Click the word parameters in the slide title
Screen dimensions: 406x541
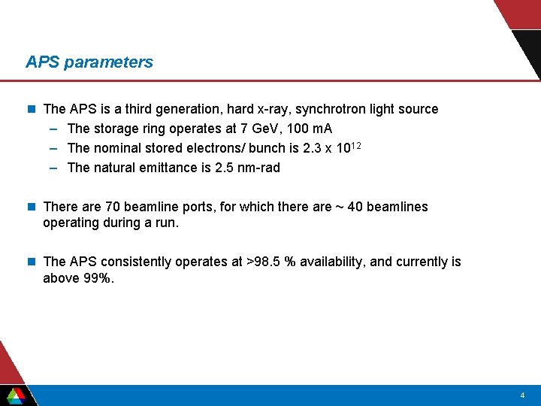pos(108,62)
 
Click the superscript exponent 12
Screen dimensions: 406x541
pos(357,145)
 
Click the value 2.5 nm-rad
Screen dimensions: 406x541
pos(247,168)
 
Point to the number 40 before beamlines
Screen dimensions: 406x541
pos(355,207)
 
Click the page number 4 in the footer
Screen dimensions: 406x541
pos(522,395)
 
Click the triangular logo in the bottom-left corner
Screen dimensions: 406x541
pos(16,395)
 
